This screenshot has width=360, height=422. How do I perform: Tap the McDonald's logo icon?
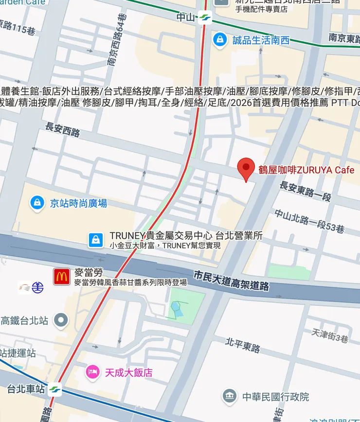[x=62, y=277]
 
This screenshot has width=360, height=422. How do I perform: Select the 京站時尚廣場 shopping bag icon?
[x=37, y=203]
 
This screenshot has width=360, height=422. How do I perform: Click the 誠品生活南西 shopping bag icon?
[x=220, y=40]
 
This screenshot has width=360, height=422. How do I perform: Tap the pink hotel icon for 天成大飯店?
[x=92, y=372]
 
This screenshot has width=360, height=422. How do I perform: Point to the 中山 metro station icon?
[x=205, y=18]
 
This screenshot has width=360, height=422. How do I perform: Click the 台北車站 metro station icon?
[x=55, y=389]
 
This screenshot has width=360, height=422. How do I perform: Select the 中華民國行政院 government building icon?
[x=229, y=396]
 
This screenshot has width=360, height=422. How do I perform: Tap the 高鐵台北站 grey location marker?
[x=61, y=320]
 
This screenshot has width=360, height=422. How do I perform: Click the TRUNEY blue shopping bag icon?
[x=96, y=240]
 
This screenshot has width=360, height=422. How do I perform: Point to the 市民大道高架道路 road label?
[x=231, y=281]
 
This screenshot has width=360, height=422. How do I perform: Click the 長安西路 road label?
[x=62, y=129]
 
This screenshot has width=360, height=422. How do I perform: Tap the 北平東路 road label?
[x=243, y=345]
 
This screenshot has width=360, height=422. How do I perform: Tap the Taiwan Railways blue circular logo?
[x=37, y=287]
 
